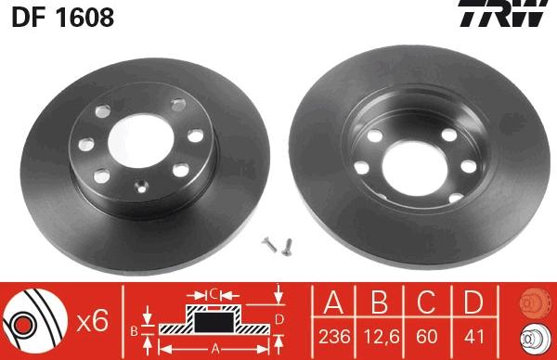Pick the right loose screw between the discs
(288, 245)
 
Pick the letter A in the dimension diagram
(215, 349)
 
